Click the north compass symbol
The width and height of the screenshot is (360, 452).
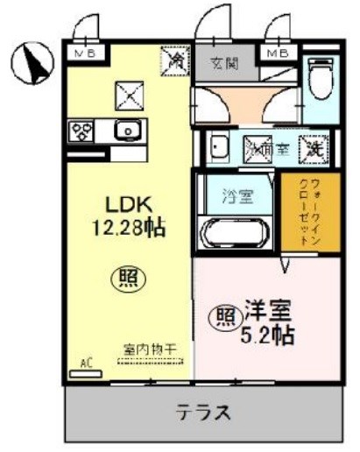coord(33,60)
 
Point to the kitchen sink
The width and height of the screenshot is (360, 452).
coord(128,131)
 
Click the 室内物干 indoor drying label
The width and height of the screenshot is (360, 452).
coord(149,349)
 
